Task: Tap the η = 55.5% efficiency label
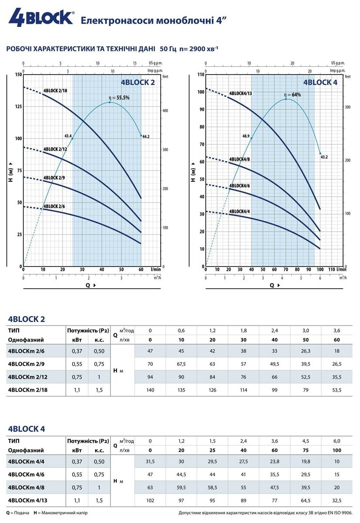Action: [119, 98]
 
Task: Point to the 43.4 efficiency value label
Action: [68, 136]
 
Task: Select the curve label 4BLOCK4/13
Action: [240, 93]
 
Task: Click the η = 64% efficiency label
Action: [292, 95]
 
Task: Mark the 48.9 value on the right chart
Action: [246, 136]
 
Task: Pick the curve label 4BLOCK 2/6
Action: [55, 206]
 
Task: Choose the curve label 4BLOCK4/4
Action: [239, 212]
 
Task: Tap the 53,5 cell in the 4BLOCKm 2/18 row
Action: [337, 390]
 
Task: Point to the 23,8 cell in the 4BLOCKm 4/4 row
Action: [274, 461]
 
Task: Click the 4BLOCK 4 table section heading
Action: [26, 429]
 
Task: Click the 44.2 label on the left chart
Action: [145, 137]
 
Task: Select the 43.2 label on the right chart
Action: [324, 157]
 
